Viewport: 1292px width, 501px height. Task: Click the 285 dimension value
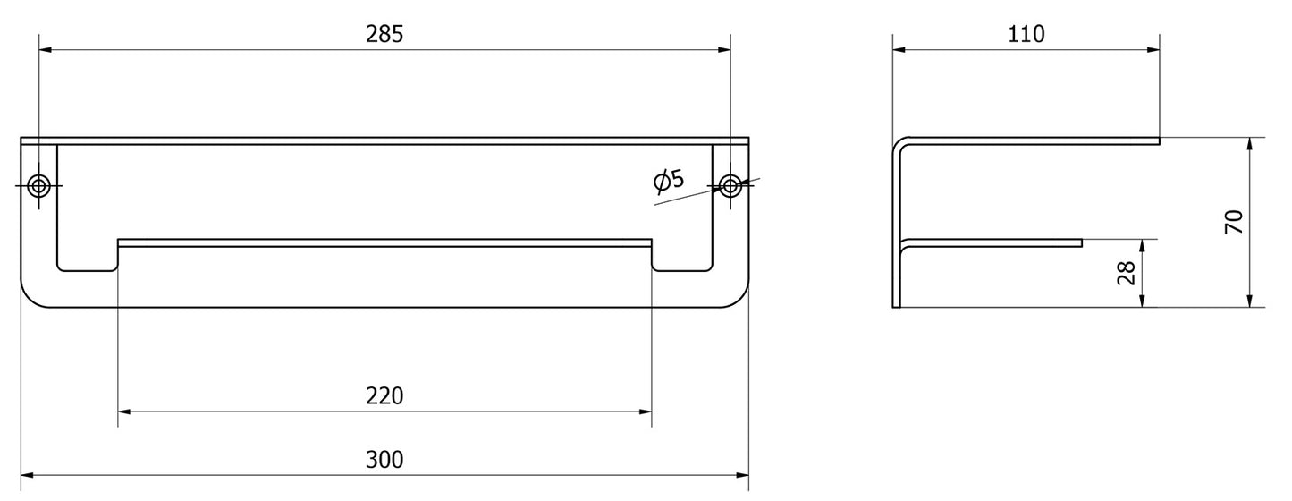tap(384, 34)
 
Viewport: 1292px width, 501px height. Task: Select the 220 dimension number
tap(384, 395)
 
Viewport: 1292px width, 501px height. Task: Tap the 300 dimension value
tap(384, 460)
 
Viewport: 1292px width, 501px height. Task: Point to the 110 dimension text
tap(1026, 34)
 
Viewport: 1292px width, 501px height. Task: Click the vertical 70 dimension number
tap(1233, 222)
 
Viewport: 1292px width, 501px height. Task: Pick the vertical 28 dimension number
tap(1126, 273)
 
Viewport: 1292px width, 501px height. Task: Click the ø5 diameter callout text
tap(669, 181)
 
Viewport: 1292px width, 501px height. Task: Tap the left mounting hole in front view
tap(38, 185)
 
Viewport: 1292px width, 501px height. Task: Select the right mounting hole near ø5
tap(730, 185)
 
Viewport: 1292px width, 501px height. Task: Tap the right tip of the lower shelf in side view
tap(1081, 242)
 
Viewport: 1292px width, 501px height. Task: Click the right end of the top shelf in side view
tap(1158, 140)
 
